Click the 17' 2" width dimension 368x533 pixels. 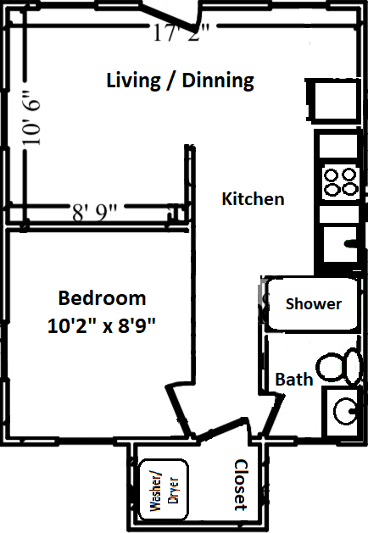click(181, 33)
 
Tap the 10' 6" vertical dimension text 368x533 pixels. click(32, 118)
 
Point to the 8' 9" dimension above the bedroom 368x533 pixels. click(94, 213)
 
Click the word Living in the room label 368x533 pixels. click(133, 81)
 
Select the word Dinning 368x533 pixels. click(218, 81)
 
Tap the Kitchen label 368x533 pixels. click(253, 199)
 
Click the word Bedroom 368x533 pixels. click(102, 298)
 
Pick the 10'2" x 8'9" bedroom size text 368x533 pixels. click(102, 326)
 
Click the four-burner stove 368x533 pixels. click(340, 182)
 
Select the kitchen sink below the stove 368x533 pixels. click(340, 244)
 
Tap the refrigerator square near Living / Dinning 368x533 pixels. click(334, 100)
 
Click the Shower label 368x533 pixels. click(314, 304)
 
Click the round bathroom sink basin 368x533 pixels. click(345, 411)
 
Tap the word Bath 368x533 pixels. click(294, 380)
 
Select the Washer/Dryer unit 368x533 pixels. click(164, 490)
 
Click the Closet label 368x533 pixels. click(241, 485)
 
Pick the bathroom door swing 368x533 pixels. click(272, 414)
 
